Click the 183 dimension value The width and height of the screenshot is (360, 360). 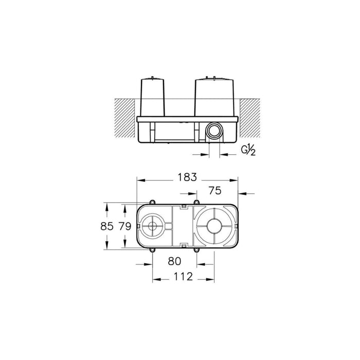(188, 177)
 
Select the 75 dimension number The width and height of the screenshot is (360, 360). (214, 190)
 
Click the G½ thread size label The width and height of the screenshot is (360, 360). (249, 150)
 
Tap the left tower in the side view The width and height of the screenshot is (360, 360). (155, 96)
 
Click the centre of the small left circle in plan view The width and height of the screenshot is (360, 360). (153, 225)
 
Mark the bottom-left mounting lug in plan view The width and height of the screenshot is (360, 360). (153, 250)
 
